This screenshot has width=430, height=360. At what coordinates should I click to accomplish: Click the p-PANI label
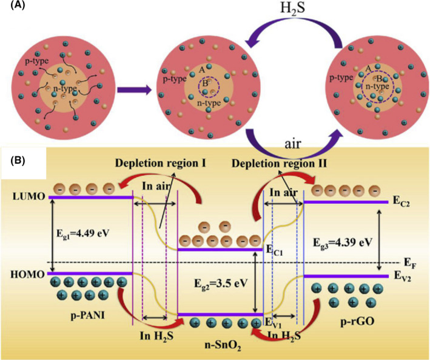79,316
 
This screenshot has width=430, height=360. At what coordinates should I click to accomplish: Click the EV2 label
401,277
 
